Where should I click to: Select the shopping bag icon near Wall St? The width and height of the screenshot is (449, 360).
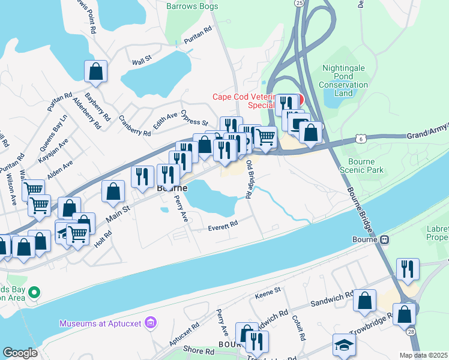tap(96, 71)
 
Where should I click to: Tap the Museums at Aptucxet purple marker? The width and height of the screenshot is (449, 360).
tap(150, 323)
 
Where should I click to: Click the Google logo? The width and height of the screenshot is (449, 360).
tap(20, 352)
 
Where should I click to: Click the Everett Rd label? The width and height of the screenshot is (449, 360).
tap(223, 224)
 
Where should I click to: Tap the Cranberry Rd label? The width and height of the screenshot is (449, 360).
tap(134, 126)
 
